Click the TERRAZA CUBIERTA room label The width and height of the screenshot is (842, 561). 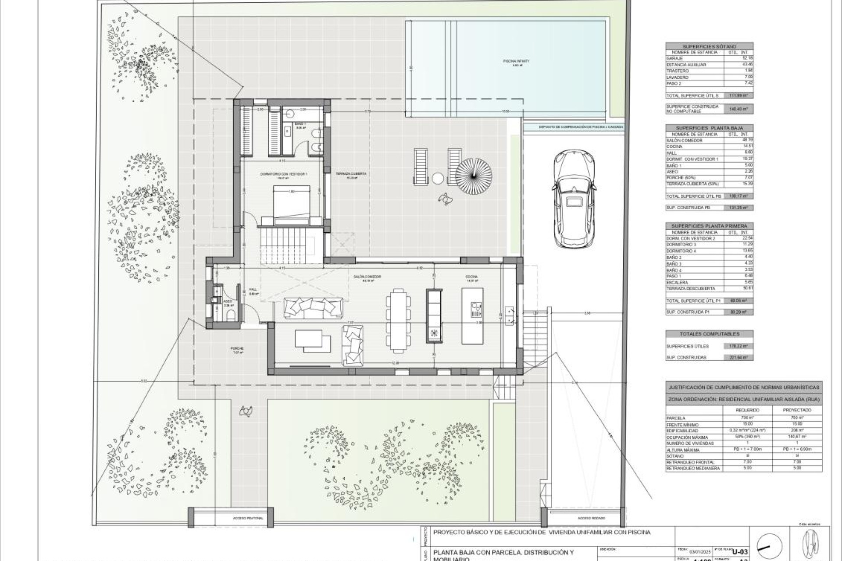click(x=351, y=174)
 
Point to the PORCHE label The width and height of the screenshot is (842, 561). click(x=237, y=348)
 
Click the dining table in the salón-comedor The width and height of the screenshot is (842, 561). click(x=398, y=320)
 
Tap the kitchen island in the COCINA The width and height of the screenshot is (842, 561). click(x=472, y=316)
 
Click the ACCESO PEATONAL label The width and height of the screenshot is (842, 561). click(x=248, y=518)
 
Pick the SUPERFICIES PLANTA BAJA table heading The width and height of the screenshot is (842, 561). click(x=709, y=128)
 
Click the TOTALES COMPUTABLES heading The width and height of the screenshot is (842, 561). click(x=709, y=334)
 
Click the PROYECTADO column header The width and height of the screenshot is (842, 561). click(x=797, y=410)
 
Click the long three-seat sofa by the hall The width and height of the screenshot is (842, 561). click(x=313, y=307)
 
